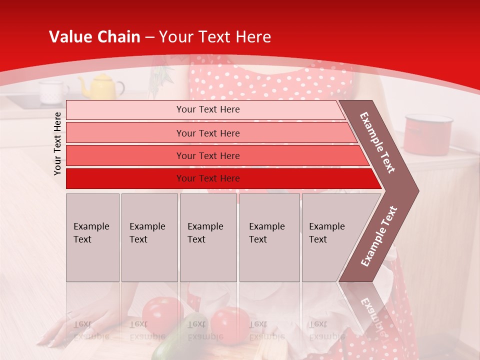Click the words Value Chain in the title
[94, 37]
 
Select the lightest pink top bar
[208, 109]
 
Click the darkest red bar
[208, 178]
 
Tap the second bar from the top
[208, 133]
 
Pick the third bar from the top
[208, 155]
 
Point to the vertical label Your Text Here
[57, 143]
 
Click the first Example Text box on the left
[92, 237]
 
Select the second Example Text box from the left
[149, 237]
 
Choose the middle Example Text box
[208, 237]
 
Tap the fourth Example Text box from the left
[270, 237]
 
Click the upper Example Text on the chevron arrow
[377, 142]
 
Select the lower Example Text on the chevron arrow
[378, 236]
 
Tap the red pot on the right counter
[428, 134]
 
